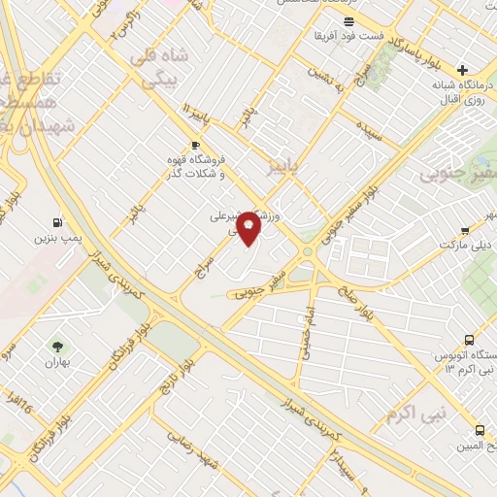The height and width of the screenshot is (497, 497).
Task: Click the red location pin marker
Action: pos(249,226)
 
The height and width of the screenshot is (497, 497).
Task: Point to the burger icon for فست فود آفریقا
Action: pos(348,19)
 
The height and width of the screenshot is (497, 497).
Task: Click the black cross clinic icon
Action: pos(463,70)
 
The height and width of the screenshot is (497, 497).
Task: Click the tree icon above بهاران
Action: pos(58,346)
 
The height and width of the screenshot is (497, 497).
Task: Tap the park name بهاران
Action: pos(59,362)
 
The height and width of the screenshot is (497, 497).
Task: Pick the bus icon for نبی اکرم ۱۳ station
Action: pos(470,341)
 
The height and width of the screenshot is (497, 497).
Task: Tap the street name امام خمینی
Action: pos(306,336)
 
